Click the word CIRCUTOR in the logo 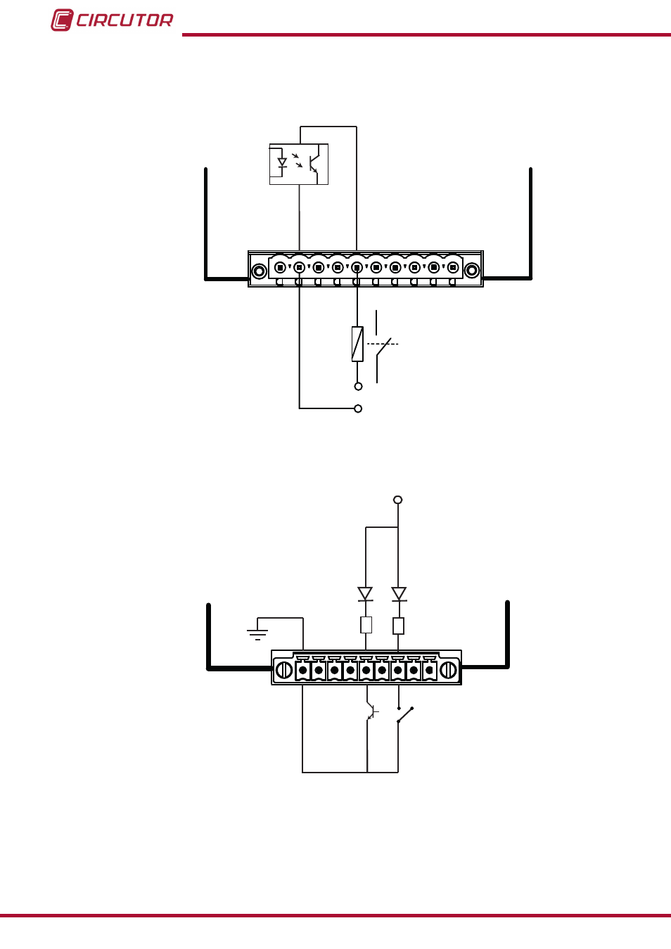tap(124, 20)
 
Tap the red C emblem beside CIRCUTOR tap(62, 20)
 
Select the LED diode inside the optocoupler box tap(282, 162)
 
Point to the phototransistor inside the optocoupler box tap(314, 164)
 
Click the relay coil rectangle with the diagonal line tap(357, 344)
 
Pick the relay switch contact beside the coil tap(383, 347)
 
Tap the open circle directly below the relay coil tap(358, 387)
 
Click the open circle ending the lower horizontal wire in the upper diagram tap(358, 409)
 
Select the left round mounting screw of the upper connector tap(260, 271)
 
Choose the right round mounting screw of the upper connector tap(472, 271)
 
